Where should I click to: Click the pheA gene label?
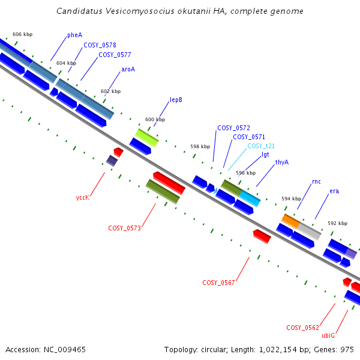coord(74,35)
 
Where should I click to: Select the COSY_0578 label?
coord(100,45)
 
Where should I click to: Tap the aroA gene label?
coord(128,70)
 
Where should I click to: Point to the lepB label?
coord(176,100)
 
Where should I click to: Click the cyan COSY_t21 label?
coord(261,146)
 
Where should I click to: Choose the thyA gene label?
coord(282,163)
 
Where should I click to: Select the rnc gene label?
coord(316,182)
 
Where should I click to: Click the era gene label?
coord(334,191)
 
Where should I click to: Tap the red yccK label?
coord(83,197)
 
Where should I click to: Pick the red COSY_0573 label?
coord(124,228)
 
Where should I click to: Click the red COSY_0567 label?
coord(218,283)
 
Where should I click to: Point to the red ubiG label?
coord(328,335)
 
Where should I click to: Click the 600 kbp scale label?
coord(155,119)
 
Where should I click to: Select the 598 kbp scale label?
coord(200,147)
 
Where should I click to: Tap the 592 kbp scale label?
coord(337,223)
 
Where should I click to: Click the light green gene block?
coord(147,138)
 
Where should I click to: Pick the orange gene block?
coord(290,221)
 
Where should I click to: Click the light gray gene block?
coord(309,231)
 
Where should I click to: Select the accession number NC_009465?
coord(65,350)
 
